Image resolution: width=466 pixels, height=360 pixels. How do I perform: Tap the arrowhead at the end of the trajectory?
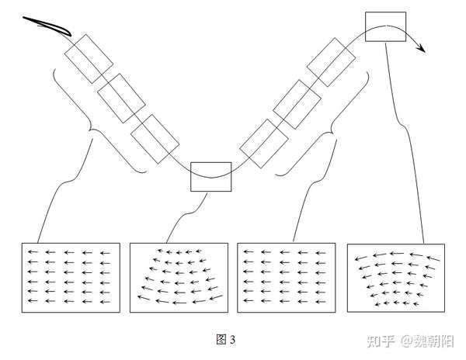(x=422, y=48)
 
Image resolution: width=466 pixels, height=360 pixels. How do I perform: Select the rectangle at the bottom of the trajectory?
(x=211, y=178)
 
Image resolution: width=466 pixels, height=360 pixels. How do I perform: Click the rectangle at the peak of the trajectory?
(x=385, y=27)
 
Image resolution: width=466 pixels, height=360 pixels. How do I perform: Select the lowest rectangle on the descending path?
(x=155, y=138)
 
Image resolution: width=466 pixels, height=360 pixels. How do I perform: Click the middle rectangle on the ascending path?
(x=297, y=103)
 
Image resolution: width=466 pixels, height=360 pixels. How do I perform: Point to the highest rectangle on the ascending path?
(x=331, y=63)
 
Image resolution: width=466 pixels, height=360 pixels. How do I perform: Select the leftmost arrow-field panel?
(x=70, y=279)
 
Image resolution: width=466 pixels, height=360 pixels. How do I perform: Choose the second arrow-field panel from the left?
(x=178, y=279)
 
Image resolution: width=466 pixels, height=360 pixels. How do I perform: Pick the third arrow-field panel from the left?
(x=286, y=279)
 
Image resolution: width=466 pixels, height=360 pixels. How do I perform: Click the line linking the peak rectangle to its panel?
(x=408, y=140)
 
